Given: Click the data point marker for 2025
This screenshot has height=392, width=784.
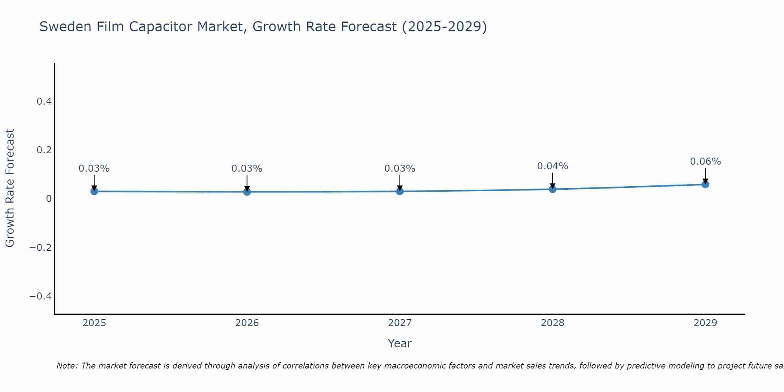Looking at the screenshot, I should [94, 191].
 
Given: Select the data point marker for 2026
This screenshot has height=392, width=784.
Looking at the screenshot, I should [247, 192].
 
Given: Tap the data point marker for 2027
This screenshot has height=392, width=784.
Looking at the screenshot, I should [400, 191].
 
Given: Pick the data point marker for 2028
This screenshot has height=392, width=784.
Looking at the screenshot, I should [553, 189].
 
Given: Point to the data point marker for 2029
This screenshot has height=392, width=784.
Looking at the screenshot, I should [705, 184].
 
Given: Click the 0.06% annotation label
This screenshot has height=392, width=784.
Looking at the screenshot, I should [705, 162].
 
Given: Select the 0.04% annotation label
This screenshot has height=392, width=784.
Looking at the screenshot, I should [552, 166].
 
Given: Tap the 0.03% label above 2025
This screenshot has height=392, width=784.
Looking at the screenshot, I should [94, 169].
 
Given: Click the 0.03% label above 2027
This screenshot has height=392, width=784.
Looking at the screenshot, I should [399, 169].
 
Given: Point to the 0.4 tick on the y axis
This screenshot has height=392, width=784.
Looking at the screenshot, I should [44, 102].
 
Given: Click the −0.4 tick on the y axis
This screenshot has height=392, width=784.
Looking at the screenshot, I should [40, 296].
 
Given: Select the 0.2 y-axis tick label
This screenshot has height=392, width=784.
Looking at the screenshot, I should [44, 150].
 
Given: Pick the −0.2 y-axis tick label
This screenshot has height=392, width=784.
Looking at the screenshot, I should [40, 247].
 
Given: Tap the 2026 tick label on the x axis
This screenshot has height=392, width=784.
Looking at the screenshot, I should [247, 323].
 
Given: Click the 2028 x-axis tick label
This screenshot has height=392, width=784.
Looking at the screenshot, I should [552, 323].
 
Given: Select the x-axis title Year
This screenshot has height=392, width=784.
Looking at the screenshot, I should [399, 343].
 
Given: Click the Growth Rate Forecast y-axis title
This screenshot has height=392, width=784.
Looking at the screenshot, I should [10, 188].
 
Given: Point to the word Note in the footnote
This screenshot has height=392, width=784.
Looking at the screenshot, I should [67, 366].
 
